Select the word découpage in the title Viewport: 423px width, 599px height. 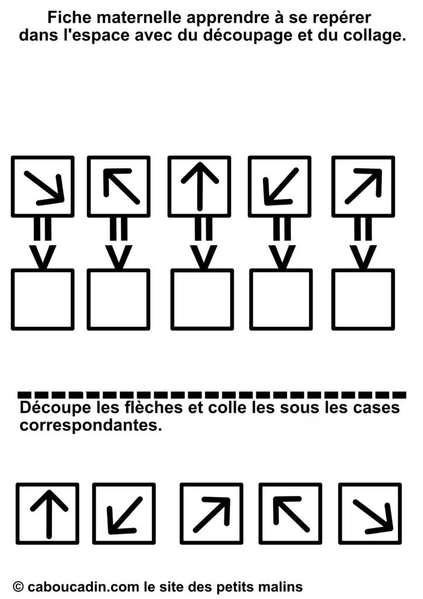click(x=247, y=36)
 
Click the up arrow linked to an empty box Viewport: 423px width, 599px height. click(x=199, y=186)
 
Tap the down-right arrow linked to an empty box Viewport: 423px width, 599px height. click(x=44, y=188)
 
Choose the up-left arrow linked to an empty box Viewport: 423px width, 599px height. click(x=122, y=185)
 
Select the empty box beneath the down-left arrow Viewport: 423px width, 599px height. click(x=281, y=299)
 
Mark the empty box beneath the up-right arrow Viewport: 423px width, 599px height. click(x=363, y=299)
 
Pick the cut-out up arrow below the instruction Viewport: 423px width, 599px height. click(x=49, y=514)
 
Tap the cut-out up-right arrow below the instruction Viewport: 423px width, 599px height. click(x=212, y=514)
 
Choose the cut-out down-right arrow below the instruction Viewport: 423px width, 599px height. click(x=373, y=516)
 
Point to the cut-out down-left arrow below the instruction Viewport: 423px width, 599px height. click(x=124, y=515)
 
